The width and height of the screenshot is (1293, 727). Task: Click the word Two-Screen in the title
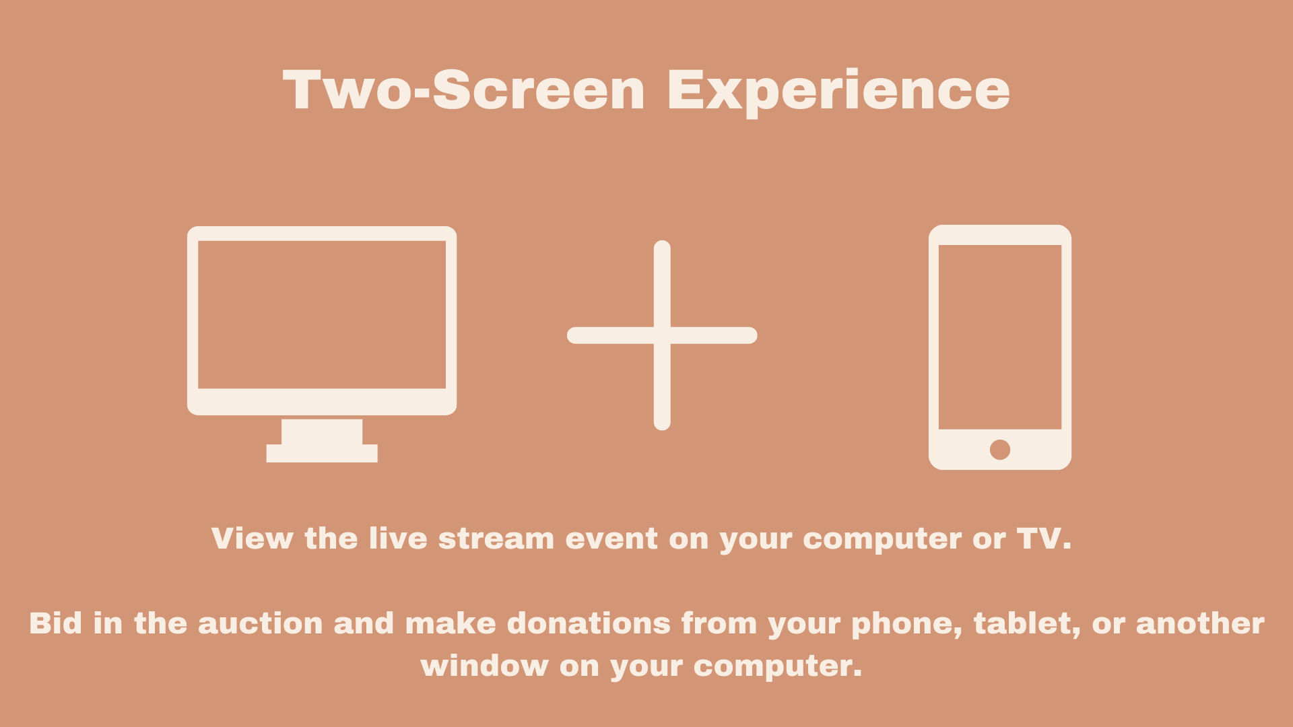[x=464, y=90]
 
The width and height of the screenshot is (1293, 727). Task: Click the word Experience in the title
[x=838, y=92]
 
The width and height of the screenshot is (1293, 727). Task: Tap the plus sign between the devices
[x=662, y=335]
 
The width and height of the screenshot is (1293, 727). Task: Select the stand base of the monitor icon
[x=322, y=453]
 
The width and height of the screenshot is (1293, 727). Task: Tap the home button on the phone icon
[x=1000, y=449]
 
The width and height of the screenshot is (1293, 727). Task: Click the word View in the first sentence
[x=253, y=539]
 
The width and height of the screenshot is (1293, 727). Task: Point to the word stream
[x=496, y=539]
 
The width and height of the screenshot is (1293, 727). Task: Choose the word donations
[x=589, y=623]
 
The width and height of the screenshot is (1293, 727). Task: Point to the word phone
[x=907, y=625]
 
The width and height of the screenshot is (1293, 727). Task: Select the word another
[x=1200, y=623]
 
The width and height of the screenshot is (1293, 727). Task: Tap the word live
[x=398, y=539]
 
